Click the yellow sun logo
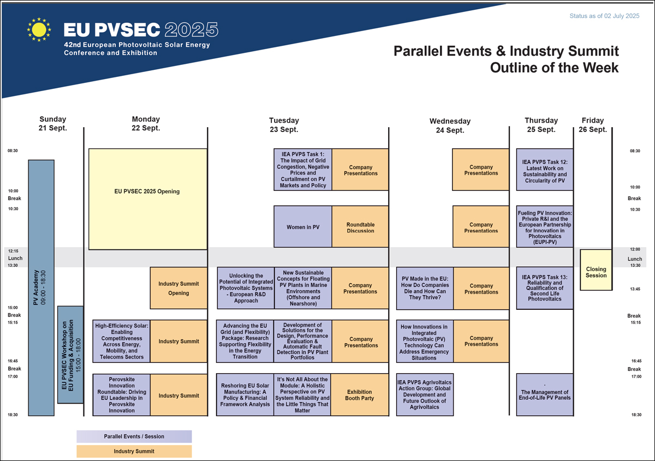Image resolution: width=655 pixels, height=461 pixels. (x=39, y=29)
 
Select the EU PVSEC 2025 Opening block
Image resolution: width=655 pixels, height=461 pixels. (x=148, y=199)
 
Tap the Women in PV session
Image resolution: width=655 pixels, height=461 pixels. (x=302, y=226)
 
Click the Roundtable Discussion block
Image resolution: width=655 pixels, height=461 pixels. (x=360, y=226)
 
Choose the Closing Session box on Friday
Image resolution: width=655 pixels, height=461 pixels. (x=596, y=270)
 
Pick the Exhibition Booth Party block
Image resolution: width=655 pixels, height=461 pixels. (x=360, y=394)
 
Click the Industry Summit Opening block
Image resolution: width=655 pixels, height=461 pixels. (x=178, y=288)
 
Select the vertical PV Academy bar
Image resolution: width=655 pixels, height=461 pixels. (x=41, y=288)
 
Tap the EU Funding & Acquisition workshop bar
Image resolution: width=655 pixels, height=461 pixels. (x=70, y=355)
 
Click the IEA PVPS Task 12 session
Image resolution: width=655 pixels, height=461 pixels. (x=545, y=170)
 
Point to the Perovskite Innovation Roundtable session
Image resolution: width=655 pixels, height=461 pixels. (x=122, y=394)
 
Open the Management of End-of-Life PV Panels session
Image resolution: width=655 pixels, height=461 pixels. (x=545, y=394)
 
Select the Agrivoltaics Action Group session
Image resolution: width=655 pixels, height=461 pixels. (x=425, y=394)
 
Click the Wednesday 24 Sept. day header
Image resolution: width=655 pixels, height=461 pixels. (x=450, y=125)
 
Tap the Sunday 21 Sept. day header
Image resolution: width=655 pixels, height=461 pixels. (x=53, y=124)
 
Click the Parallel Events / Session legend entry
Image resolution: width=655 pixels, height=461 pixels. (x=134, y=436)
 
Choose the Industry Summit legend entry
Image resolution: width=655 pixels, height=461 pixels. (x=134, y=451)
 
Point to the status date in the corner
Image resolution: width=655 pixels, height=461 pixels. (x=604, y=16)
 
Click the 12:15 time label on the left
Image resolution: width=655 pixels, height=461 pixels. (x=13, y=251)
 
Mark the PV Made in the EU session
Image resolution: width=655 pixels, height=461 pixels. (x=425, y=288)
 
